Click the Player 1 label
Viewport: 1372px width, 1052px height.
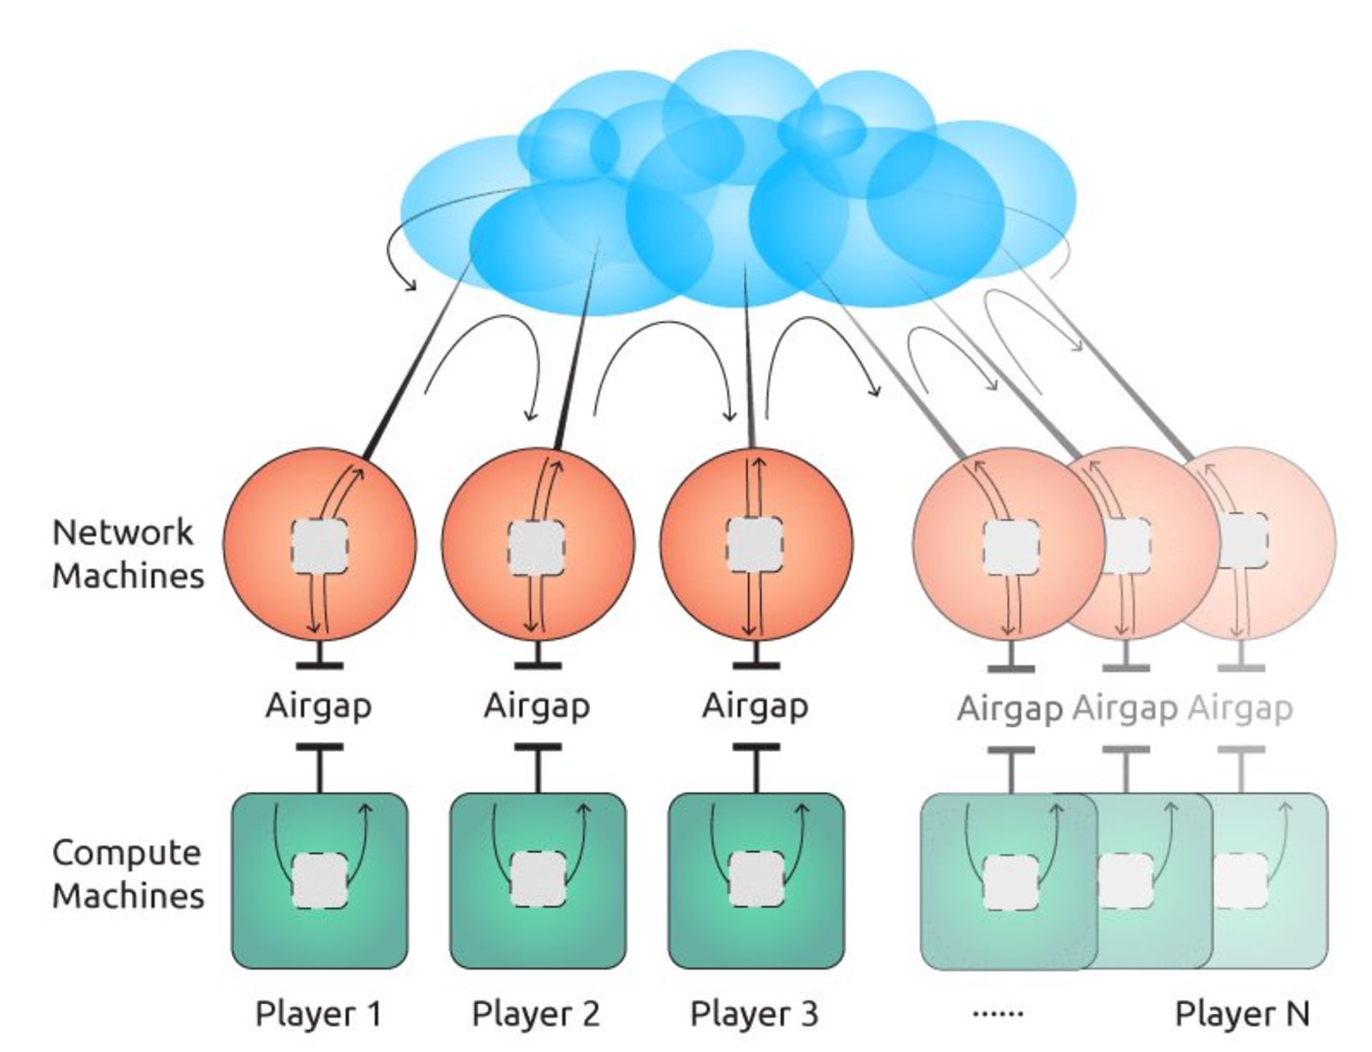318,1013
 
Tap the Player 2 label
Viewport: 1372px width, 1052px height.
536,1013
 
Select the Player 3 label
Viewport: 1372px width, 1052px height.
754,1013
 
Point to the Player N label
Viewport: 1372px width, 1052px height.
1242,1013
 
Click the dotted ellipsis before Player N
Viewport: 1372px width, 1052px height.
998,1013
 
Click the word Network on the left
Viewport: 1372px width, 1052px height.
123,532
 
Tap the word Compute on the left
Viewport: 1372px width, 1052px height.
126,853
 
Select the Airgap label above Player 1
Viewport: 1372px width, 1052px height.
319,706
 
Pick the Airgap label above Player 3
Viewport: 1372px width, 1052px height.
755,706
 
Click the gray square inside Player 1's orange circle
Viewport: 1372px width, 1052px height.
319,546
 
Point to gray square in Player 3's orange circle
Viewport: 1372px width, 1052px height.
755,543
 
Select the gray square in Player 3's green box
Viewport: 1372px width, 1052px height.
756,880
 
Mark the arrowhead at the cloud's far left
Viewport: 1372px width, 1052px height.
411,287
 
